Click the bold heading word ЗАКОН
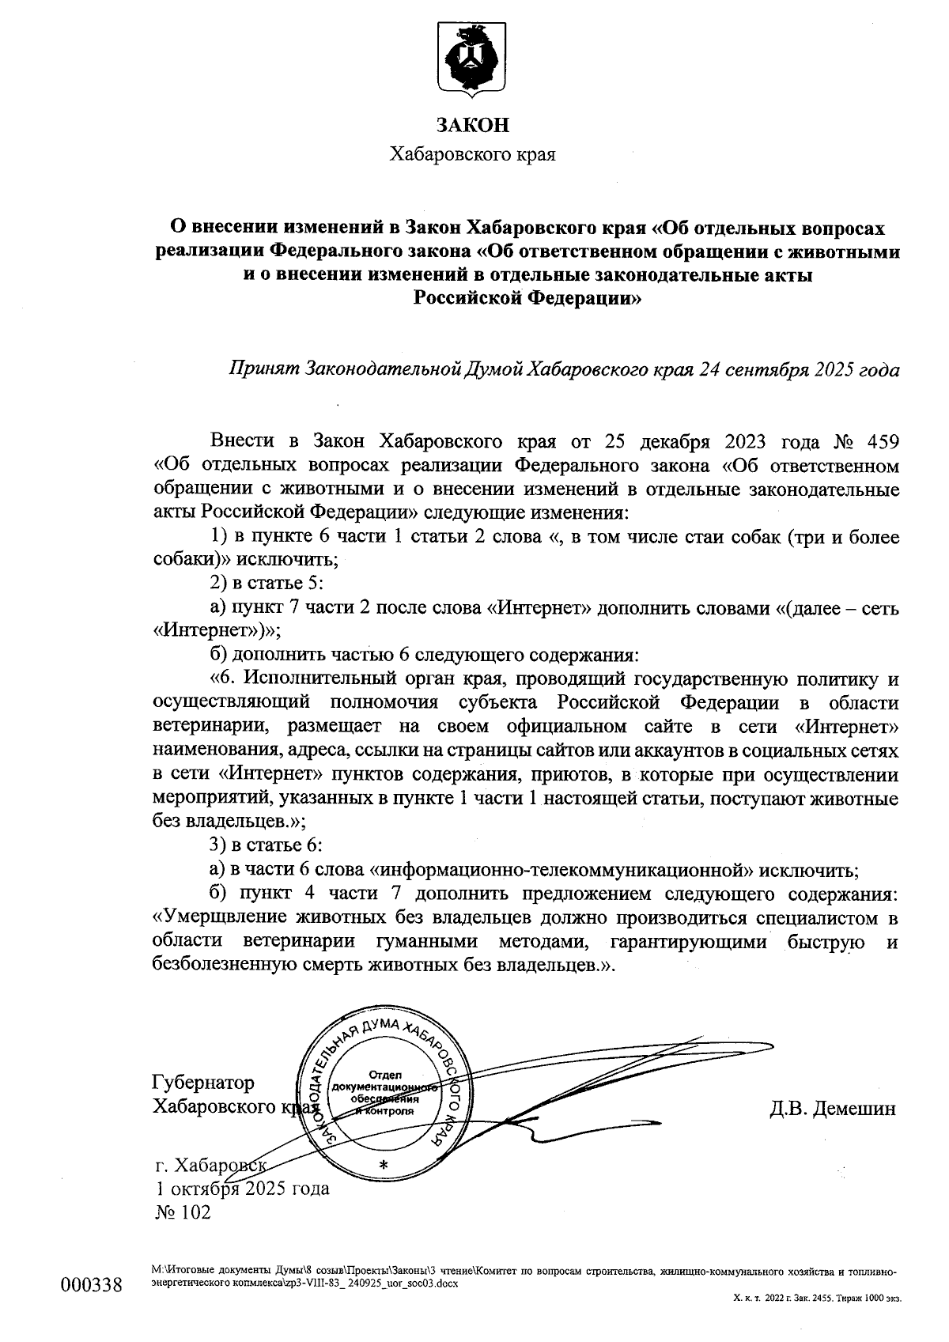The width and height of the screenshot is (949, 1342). tap(473, 125)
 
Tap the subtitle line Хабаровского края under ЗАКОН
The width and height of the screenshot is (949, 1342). tap(473, 154)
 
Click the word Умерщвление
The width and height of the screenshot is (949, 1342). tap(216, 918)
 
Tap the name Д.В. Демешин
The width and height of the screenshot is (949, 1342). tap(833, 1108)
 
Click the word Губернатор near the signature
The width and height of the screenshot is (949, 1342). tap(203, 1083)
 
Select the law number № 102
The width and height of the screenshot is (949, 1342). tap(183, 1212)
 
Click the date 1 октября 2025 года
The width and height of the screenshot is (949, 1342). tap(243, 1188)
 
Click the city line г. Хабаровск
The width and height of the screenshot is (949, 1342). tap(210, 1165)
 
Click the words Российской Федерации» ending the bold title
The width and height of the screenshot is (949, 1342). tap(527, 297)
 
